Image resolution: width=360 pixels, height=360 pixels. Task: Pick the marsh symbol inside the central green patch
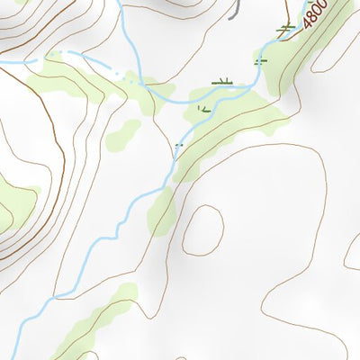[x=203, y=110]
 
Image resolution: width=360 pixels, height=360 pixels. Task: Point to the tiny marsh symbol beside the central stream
[x=178, y=145]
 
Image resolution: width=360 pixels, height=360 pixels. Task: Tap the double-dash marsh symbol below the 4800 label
[x=261, y=61]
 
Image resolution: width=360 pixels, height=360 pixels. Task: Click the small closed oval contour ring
[x=202, y=229]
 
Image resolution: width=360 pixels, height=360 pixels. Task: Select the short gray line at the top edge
[x=237, y=9]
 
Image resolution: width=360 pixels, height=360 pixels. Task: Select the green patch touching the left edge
[x=13, y=202]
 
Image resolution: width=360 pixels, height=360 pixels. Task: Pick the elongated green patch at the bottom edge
[x=90, y=328]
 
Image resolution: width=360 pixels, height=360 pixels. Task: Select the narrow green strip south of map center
[x=164, y=209]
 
